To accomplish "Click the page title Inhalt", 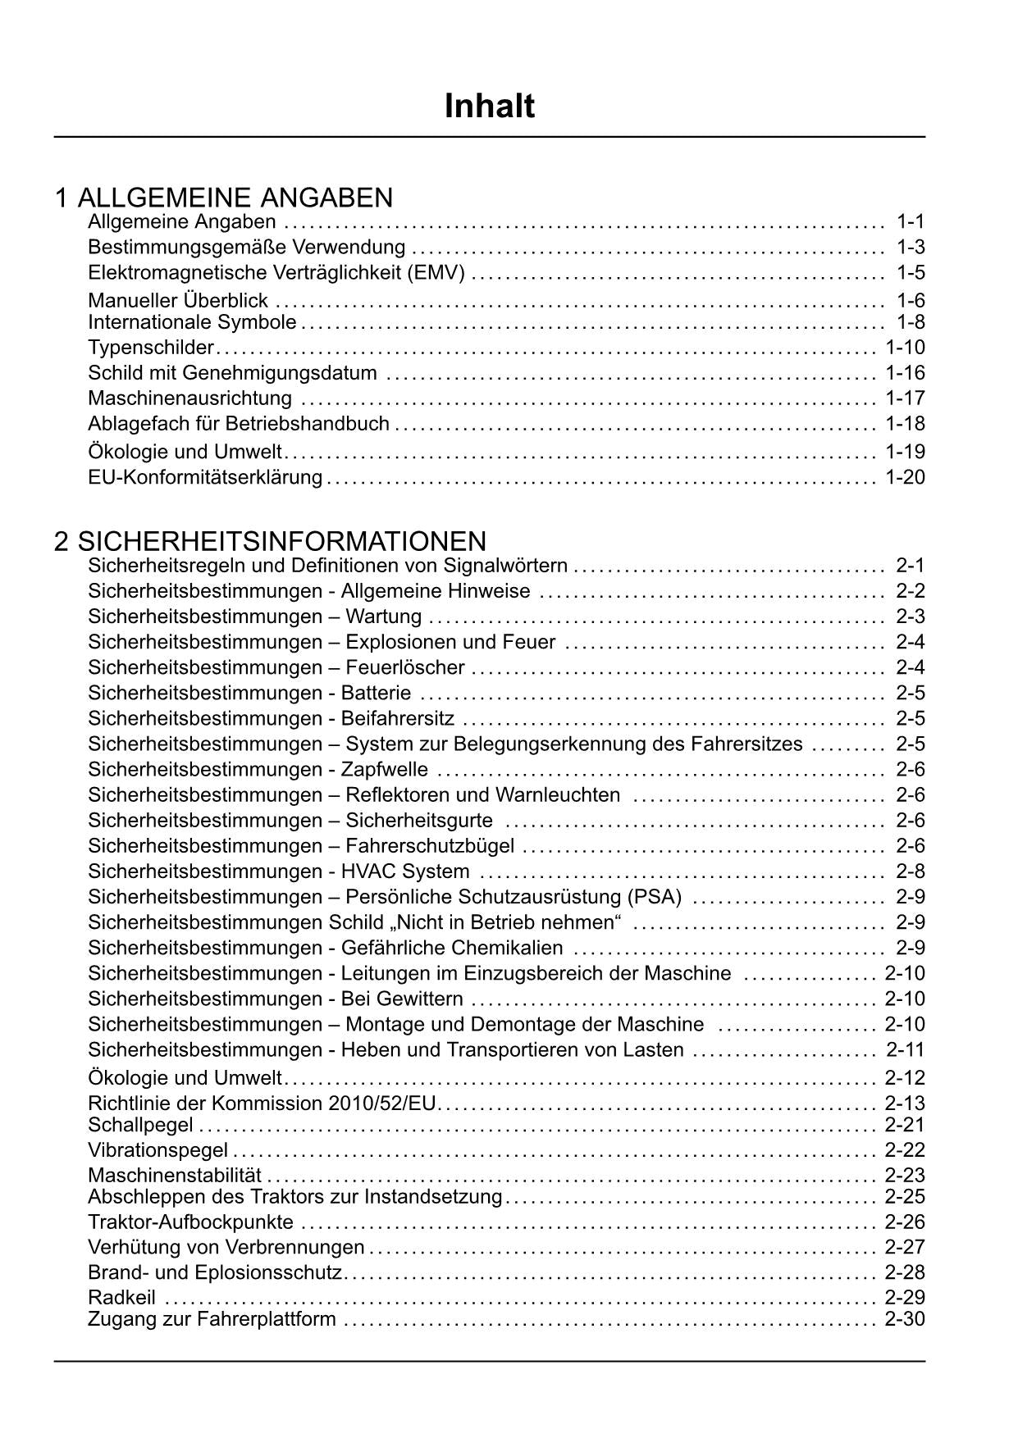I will [490, 107].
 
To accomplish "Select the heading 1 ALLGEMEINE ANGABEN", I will [224, 198].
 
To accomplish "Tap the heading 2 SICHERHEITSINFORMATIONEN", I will [271, 541].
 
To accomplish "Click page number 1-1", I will [911, 221].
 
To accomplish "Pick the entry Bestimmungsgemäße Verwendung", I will [246, 247].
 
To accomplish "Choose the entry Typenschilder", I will [151, 348].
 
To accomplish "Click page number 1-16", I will [905, 373].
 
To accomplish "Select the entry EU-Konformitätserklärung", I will [205, 477].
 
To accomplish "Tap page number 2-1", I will [911, 565].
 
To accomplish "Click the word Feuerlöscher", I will [405, 667].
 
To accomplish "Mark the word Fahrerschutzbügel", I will [430, 846].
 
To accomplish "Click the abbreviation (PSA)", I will [654, 897].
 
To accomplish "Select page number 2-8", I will [911, 871].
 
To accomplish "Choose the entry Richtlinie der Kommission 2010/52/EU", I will [262, 1104].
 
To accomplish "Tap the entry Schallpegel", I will [140, 1126].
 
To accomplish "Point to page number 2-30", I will [905, 1319].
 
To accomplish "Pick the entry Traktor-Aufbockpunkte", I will [190, 1222].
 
